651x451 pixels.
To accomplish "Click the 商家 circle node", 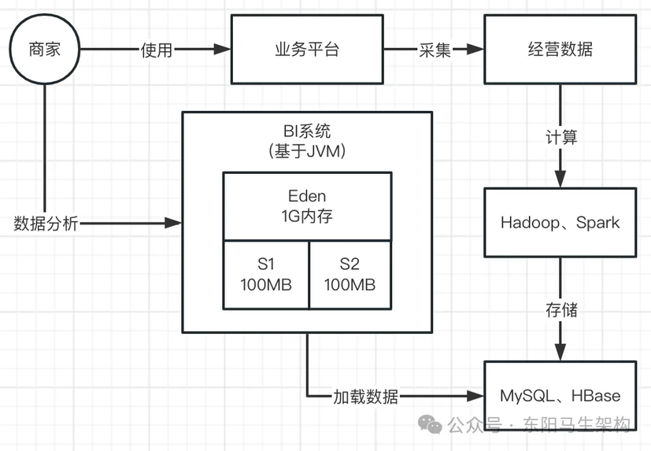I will coord(44,50).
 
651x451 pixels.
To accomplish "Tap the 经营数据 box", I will coord(560,50).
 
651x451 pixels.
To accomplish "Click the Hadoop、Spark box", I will coord(560,223).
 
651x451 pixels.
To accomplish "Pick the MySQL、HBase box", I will coord(560,396).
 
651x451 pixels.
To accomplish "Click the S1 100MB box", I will coord(266,274).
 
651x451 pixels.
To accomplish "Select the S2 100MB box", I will coord(350,274).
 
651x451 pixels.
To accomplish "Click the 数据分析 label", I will coord(46,224).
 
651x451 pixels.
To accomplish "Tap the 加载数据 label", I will coord(365,396).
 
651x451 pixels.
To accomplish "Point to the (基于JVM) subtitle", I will coord(307,150).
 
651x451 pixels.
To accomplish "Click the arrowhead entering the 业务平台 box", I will coord(224,50).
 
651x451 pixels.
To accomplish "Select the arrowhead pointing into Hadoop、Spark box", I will coord(560,181).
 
